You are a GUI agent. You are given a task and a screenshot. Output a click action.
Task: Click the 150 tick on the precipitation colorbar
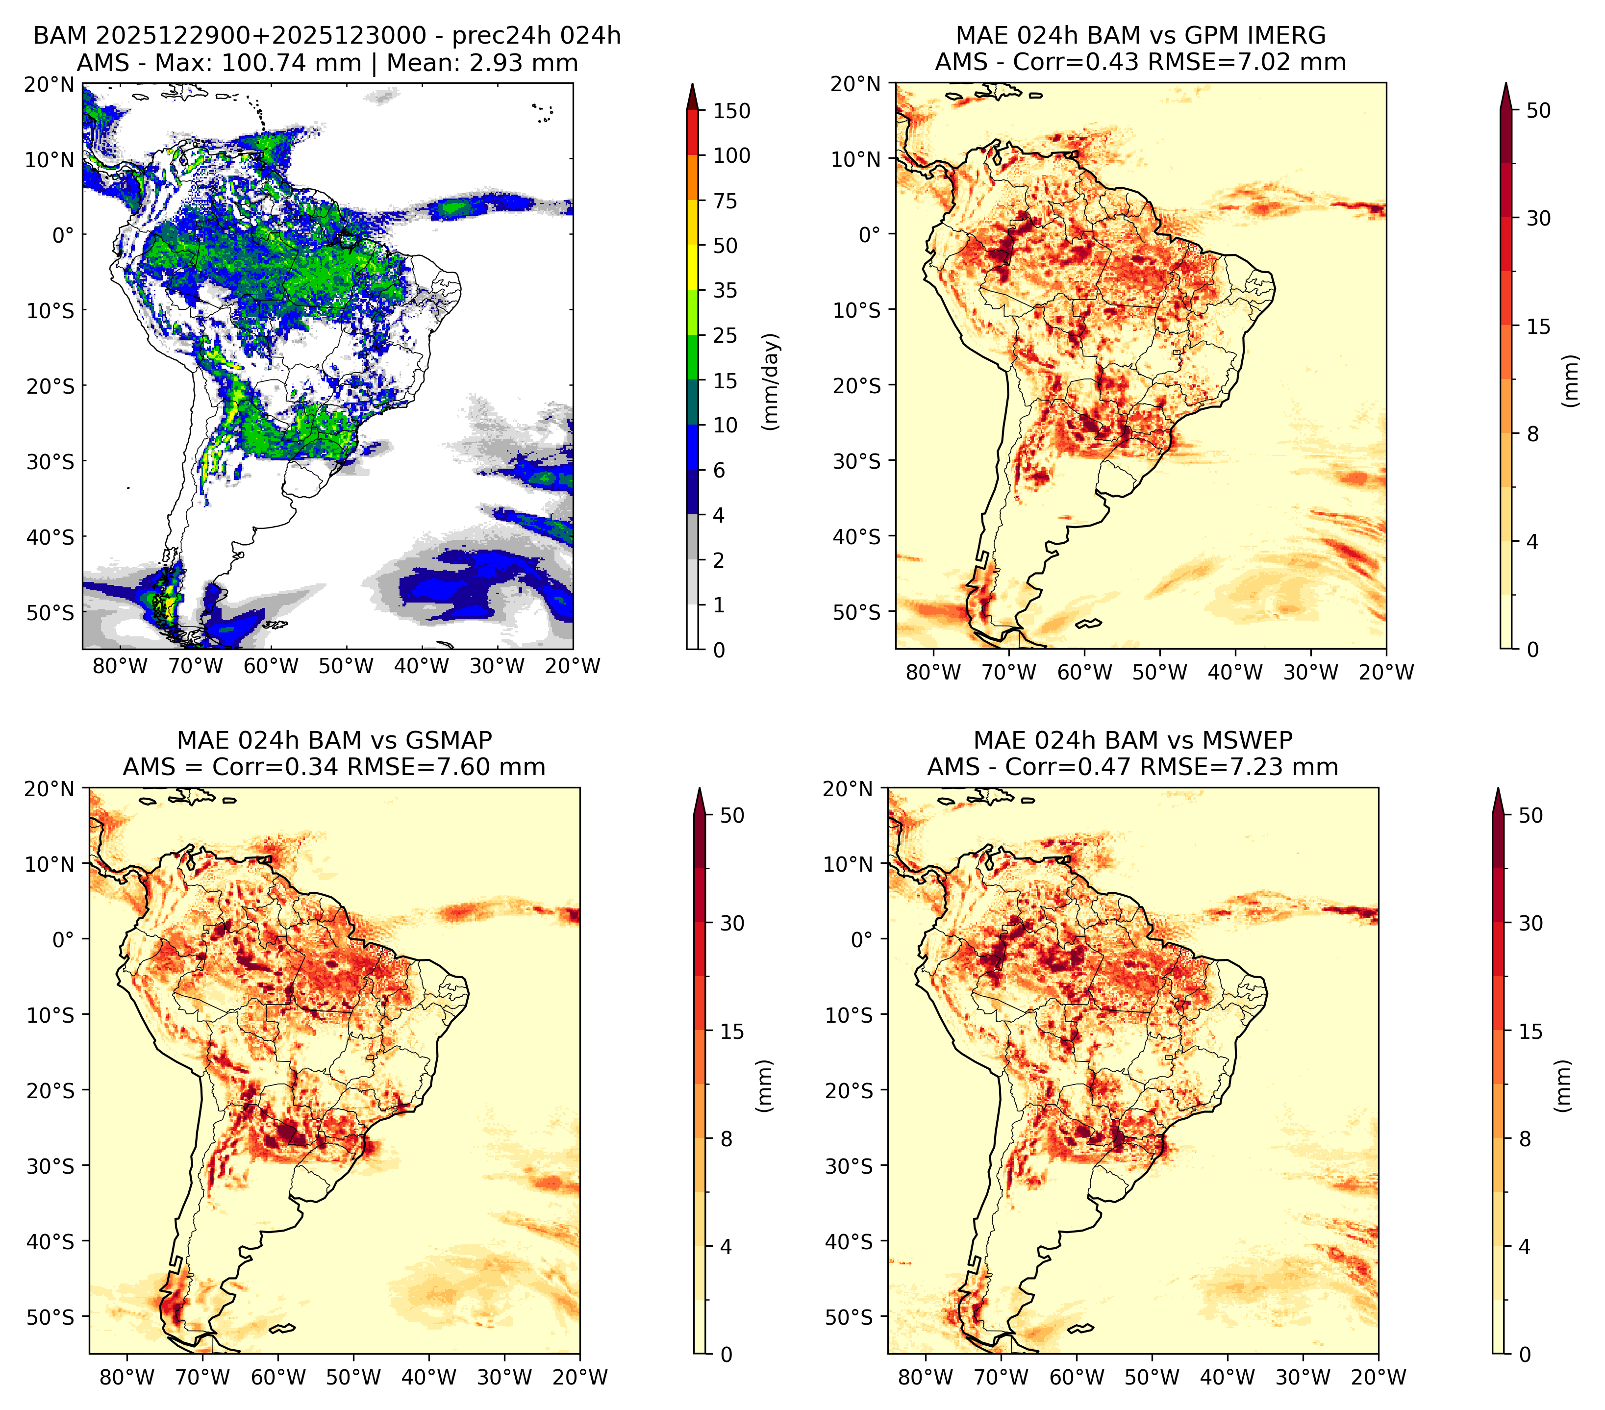[731, 111]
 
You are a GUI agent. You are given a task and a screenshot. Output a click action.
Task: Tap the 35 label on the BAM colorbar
[725, 290]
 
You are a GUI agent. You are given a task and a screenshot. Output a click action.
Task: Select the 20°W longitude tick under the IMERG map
[1386, 672]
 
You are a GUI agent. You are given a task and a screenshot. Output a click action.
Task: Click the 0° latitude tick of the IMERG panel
[870, 234]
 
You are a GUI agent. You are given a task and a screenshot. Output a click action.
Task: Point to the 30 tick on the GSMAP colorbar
[732, 923]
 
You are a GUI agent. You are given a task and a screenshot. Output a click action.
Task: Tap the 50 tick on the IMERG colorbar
[1539, 111]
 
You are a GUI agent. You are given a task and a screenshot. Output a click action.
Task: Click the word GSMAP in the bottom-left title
[449, 740]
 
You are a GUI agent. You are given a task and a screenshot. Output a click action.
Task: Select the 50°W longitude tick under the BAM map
[346, 666]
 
